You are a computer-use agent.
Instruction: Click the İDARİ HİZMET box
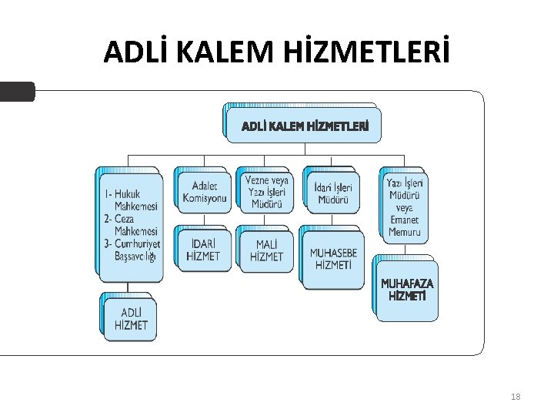coord(203,250)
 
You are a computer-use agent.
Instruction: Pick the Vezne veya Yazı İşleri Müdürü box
coord(266,192)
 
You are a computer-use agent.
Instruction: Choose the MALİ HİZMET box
coord(266,250)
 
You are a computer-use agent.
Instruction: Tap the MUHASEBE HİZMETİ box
coord(333,259)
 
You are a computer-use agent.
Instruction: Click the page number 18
coord(516,397)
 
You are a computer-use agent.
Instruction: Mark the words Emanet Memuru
coord(405,225)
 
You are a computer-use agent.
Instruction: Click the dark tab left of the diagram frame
coord(17,92)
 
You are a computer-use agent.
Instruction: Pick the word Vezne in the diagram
coord(255,180)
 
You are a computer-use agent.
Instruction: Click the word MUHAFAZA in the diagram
coord(407,283)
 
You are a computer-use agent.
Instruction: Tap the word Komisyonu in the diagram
coord(205,199)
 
